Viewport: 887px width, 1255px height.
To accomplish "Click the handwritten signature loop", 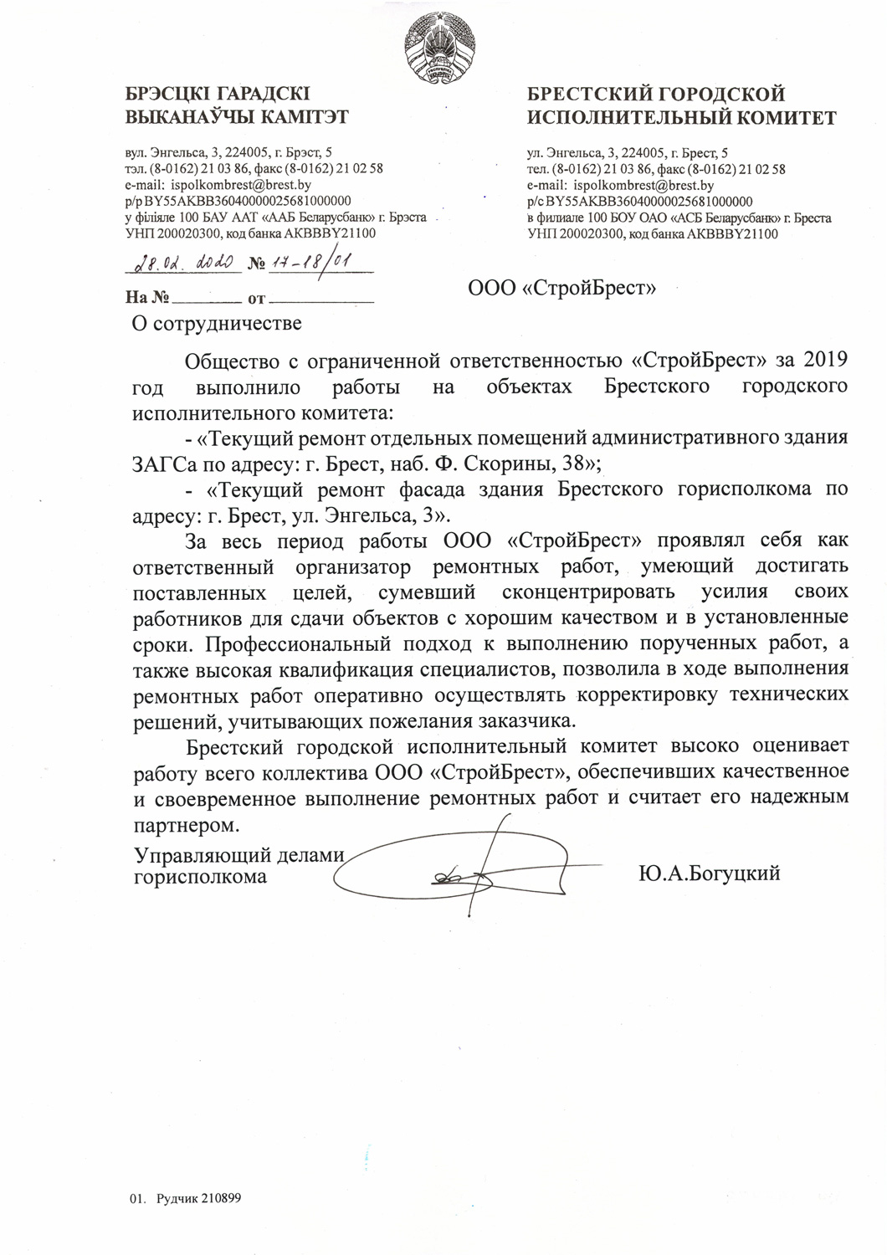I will (469, 874).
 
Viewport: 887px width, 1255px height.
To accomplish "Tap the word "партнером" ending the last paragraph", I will (185, 825).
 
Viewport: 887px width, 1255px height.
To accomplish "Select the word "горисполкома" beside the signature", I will (202, 876).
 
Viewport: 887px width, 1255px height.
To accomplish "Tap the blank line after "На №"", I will (207, 299).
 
